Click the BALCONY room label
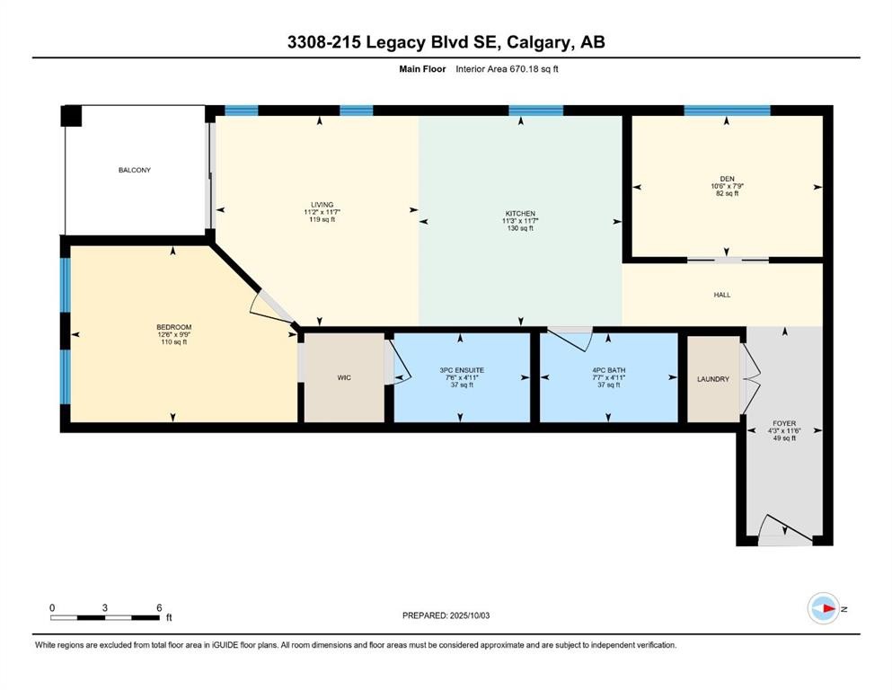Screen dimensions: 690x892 (x=133, y=170)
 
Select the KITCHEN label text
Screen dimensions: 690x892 (x=518, y=213)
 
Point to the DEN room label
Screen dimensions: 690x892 (x=727, y=179)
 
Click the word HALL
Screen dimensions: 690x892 (x=723, y=293)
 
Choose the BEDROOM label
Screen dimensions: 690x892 (x=173, y=327)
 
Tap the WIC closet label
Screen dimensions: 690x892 (x=343, y=378)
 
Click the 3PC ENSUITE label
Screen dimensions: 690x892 (x=460, y=369)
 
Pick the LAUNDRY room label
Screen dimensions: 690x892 (x=713, y=379)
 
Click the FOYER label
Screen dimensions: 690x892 (x=784, y=422)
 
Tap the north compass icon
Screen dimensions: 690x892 (x=823, y=609)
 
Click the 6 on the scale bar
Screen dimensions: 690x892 (x=159, y=607)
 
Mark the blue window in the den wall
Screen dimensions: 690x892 (x=726, y=111)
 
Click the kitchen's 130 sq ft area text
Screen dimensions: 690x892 (x=518, y=229)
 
